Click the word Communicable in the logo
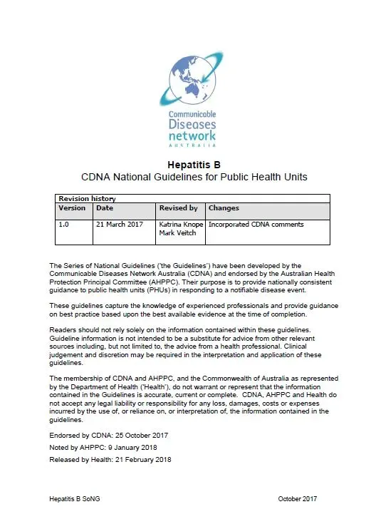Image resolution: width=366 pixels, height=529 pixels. coord(192,113)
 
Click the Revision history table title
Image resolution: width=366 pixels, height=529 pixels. coord(87,198)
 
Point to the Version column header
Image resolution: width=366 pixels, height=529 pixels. coord(72,208)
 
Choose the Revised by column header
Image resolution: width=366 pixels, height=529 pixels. coord(178,208)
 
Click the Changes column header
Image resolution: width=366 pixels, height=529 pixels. coord(224,208)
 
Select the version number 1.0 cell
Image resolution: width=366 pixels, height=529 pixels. coord(64,225)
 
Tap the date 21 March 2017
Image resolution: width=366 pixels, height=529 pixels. coord(120,225)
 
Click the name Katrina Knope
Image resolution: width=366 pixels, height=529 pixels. coord(181,225)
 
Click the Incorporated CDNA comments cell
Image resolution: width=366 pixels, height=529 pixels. coord(256,225)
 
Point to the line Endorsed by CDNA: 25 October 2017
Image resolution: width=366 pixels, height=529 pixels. coord(109,433)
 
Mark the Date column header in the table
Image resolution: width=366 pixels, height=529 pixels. coord(105,208)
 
